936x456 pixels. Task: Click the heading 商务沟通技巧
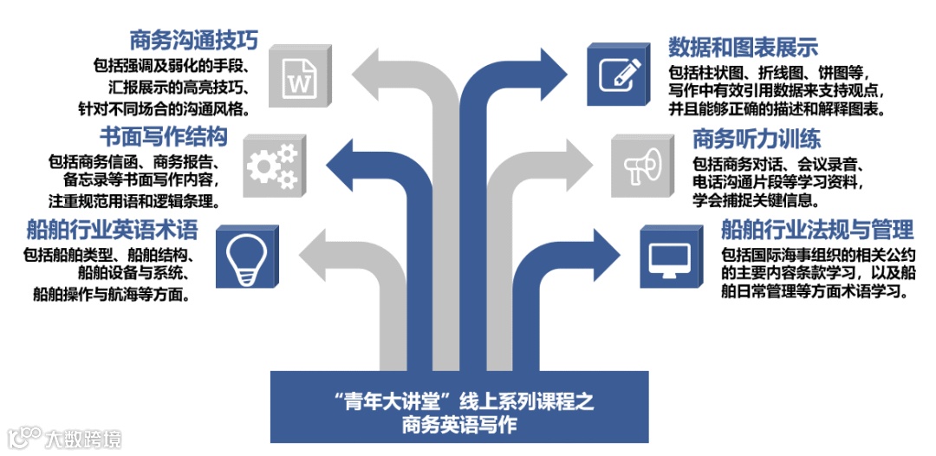pos(194,40)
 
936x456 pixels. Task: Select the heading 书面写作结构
pos(163,137)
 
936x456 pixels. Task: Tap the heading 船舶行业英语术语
pos(113,230)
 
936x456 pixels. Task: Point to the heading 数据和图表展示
pos(744,46)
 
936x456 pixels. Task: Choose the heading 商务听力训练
pos(756,139)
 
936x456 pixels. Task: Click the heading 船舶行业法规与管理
pos(817,230)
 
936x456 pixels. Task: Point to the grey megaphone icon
pos(641,163)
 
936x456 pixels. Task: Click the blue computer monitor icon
pos(670,257)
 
